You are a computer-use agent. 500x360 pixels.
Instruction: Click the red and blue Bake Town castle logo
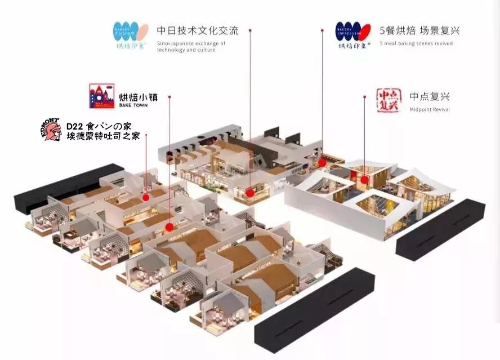pos(101,96)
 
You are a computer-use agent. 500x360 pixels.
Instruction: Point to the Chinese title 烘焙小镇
pos(138,96)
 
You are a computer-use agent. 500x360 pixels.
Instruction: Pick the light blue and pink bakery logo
pos(130,34)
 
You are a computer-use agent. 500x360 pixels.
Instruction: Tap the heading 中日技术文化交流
pos(197,30)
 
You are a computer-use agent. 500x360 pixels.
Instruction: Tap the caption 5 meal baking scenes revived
pos(416,43)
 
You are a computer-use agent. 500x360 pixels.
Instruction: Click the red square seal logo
pos(387,100)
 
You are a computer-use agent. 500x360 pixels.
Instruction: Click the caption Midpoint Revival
pos(430,109)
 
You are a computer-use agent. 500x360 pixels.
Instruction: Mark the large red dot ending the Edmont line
pos(146,197)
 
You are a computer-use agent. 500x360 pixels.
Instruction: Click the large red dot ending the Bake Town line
pos(169,227)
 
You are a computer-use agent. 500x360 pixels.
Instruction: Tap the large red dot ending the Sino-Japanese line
pos(250,193)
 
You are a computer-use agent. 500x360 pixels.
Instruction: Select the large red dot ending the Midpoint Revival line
pos(365,180)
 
